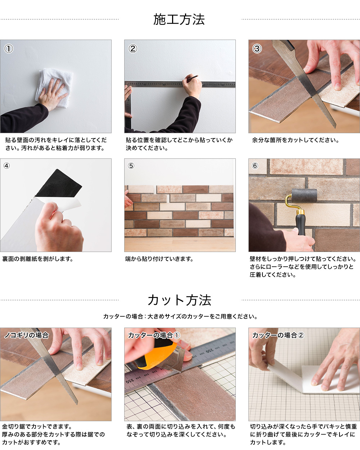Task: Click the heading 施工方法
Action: pyautogui.click(x=179, y=19)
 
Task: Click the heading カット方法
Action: pyautogui.click(x=180, y=300)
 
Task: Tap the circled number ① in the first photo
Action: pyautogui.click(x=9, y=49)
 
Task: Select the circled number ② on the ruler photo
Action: pyautogui.click(x=133, y=49)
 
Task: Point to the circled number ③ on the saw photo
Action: pyautogui.click(x=257, y=49)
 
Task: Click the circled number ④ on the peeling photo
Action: pyautogui.click(x=6, y=166)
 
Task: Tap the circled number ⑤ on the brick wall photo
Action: pyautogui.click(x=131, y=166)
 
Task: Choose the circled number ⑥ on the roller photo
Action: pyautogui.click(x=255, y=166)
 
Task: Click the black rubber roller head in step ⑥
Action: pyautogui.click(x=304, y=196)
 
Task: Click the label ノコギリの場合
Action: pyautogui.click(x=27, y=335)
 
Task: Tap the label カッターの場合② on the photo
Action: pyautogui.click(x=278, y=335)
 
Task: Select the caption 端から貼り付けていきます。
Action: pyautogui.click(x=159, y=259)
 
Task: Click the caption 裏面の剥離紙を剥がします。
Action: pyautogui.click(x=38, y=259)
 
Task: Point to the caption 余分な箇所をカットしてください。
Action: pyautogui.click(x=295, y=140)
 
